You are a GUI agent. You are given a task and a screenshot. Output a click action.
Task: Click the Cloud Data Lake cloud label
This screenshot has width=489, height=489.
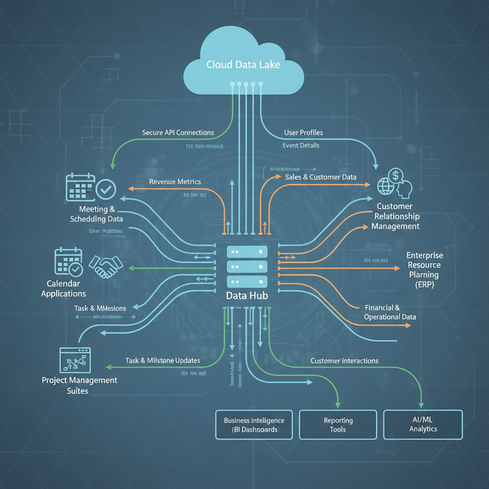click(243, 64)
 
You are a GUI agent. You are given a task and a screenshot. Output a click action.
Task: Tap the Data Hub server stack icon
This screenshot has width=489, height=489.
click(247, 266)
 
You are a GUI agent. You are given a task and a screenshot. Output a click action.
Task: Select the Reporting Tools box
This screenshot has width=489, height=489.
click(338, 425)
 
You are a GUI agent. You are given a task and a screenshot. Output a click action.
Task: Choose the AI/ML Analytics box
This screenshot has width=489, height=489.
click(423, 424)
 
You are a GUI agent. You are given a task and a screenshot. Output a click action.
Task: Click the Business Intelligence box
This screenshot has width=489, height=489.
click(254, 425)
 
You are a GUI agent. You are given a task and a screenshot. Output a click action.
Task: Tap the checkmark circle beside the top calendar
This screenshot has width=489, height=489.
click(106, 189)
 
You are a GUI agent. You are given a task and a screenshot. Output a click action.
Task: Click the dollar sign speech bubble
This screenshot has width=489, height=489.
click(396, 176)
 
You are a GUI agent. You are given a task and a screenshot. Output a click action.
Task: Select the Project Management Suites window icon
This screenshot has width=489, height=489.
click(75, 360)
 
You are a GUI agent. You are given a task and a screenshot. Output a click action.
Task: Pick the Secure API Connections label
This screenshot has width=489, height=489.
click(178, 132)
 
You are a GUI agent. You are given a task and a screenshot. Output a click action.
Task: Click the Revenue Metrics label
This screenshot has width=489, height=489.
click(175, 182)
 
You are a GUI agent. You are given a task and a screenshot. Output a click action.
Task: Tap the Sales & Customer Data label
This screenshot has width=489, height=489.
click(320, 177)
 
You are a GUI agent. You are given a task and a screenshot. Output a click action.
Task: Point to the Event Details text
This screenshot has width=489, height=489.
click(301, 145)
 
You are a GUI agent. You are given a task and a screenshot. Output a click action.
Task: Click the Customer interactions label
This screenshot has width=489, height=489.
click(344, 361)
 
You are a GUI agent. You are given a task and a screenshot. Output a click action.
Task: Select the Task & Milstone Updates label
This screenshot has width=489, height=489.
click(163, 361)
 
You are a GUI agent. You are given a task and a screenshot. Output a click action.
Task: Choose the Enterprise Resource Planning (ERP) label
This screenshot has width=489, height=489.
click(425, 270)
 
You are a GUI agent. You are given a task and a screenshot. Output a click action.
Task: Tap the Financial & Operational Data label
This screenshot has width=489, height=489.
click(390, 312)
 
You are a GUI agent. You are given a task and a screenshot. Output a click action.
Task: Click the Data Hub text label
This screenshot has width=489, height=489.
click(247, 296)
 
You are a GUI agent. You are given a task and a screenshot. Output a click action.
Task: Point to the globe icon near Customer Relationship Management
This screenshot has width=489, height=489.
click(385, 186)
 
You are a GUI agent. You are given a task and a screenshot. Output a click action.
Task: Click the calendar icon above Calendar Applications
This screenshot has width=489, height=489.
click(69, 262)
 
